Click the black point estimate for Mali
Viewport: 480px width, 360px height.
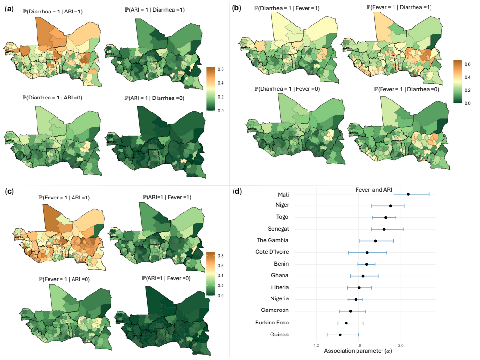[408, 194]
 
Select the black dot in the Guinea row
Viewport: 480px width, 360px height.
[340, 335]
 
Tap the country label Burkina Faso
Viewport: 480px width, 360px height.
[272, 323]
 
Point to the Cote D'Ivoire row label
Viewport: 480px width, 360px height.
[272, 252]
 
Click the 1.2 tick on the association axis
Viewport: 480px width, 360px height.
[316, 345]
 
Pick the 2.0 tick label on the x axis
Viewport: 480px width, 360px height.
[401, 345]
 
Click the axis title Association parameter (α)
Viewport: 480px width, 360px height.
[358, 351]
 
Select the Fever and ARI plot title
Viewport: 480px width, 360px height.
[374, 190]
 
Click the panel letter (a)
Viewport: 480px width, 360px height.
[9, 9]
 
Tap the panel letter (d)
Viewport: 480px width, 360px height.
[237, 192]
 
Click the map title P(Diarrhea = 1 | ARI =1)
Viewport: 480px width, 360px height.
[52, 12]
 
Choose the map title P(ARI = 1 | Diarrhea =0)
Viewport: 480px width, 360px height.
[154, 98]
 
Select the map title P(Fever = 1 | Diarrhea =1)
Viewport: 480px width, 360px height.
[399, 7]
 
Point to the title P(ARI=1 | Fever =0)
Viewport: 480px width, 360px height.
[166, 278]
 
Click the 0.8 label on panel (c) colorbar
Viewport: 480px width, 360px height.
[221, 256]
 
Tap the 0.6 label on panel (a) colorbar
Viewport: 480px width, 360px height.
[221, 69]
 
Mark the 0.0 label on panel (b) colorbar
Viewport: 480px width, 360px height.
[468, 103]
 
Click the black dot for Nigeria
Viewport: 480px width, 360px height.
[356, 299]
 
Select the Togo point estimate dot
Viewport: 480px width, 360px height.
[386, 217]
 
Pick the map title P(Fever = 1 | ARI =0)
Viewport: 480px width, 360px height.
[64, 279]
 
